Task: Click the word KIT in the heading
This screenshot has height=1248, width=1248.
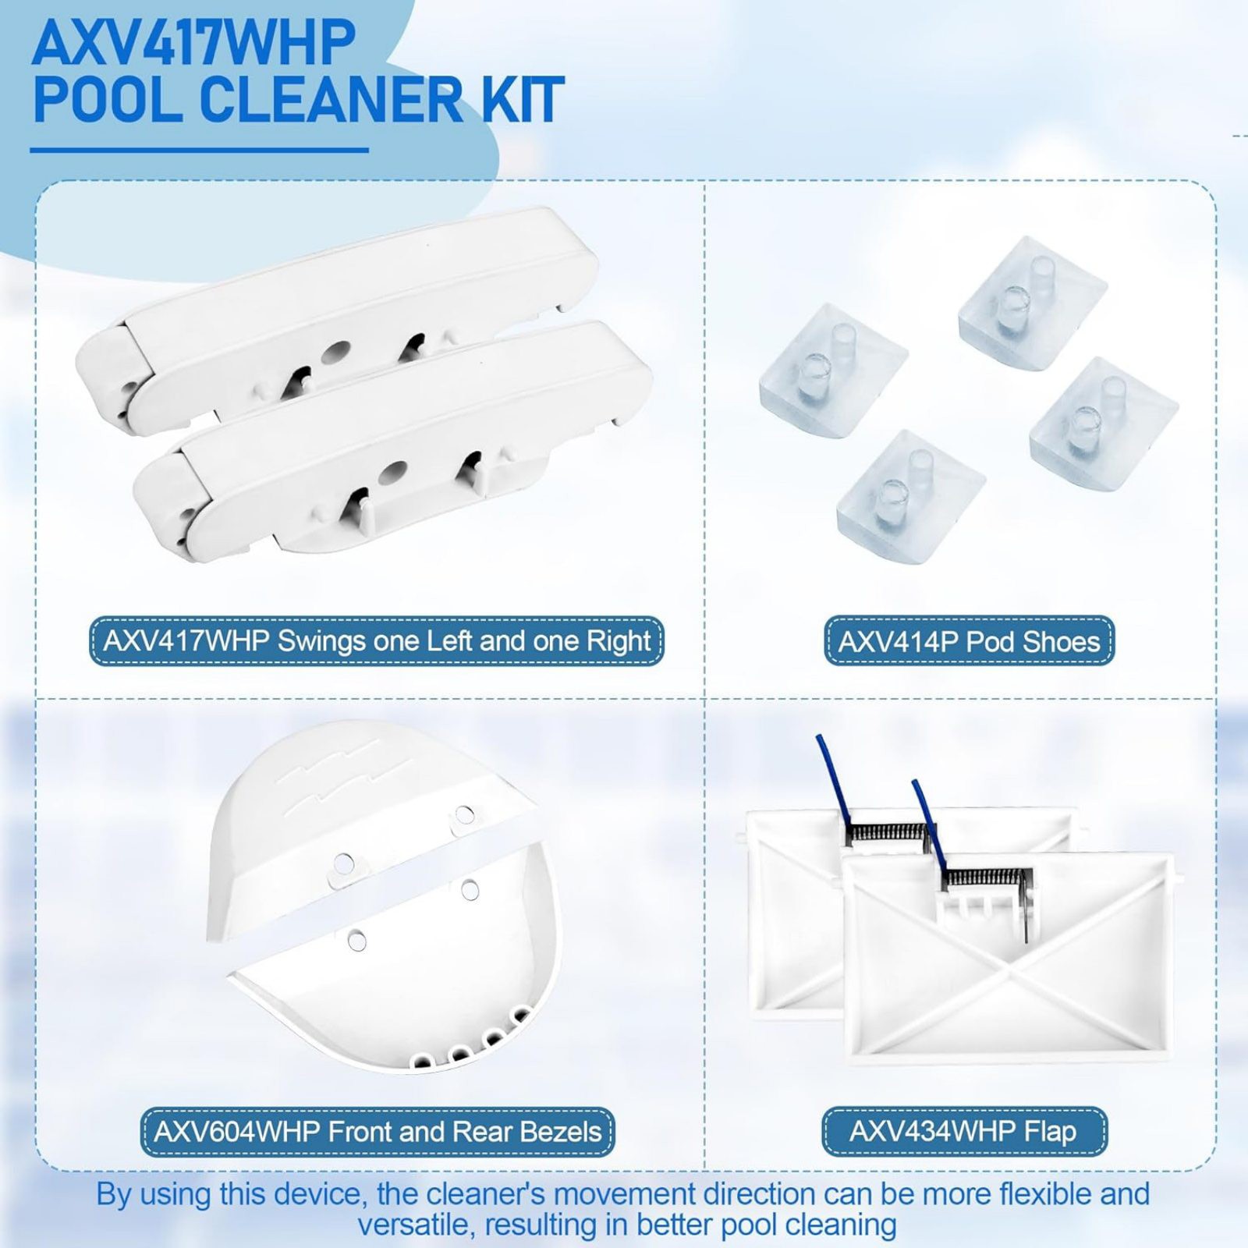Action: [523, 100]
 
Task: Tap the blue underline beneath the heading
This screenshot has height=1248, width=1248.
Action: [199, 150]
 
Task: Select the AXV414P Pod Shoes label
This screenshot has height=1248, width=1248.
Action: [969, 641]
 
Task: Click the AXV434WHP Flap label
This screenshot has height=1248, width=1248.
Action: [963, 1131]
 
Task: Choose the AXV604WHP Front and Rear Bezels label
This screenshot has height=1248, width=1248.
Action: [378, 1132]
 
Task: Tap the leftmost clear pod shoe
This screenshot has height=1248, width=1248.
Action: [831, 370]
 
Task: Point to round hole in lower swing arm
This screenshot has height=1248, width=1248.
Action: [392, 472]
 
